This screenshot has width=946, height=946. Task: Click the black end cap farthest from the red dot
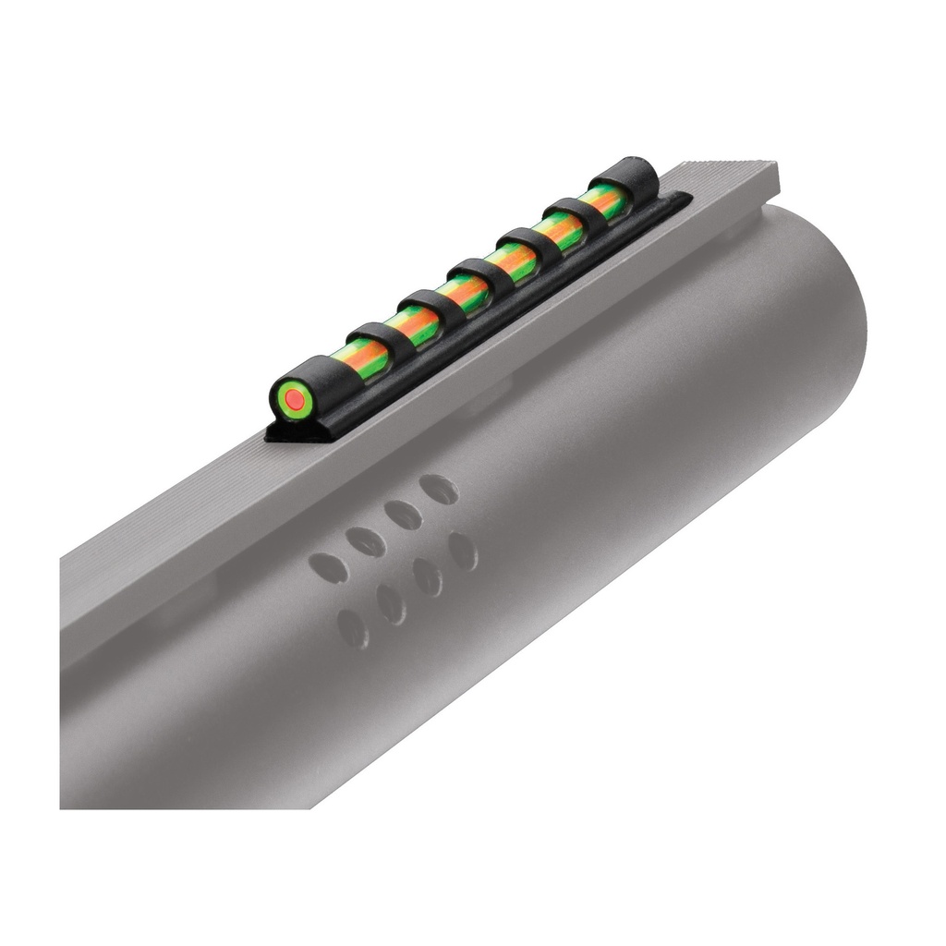[612, 175]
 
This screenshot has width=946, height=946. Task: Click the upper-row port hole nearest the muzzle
[439, 489]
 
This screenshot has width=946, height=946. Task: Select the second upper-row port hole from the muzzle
[404, 514]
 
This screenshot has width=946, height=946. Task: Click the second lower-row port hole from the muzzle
[428, 577]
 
